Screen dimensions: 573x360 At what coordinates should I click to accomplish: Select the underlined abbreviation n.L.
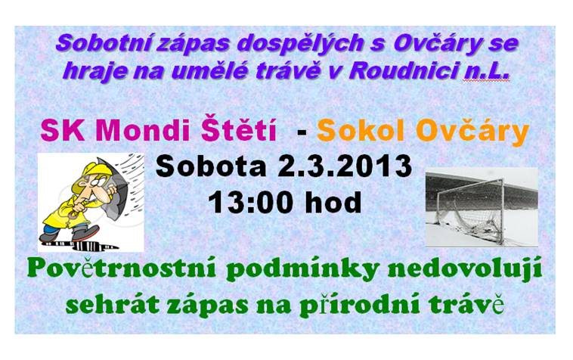[x=485, y=70]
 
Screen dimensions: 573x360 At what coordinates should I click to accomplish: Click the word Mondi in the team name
[x=147, y=131]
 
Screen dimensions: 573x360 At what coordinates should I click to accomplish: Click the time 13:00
[x=253, y=202]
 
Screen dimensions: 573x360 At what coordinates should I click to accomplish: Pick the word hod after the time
[x=333, y=202]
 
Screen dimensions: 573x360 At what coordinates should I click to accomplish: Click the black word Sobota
[x=211, y=166]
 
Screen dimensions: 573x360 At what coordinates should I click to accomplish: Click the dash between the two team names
[x=302, y=132]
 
